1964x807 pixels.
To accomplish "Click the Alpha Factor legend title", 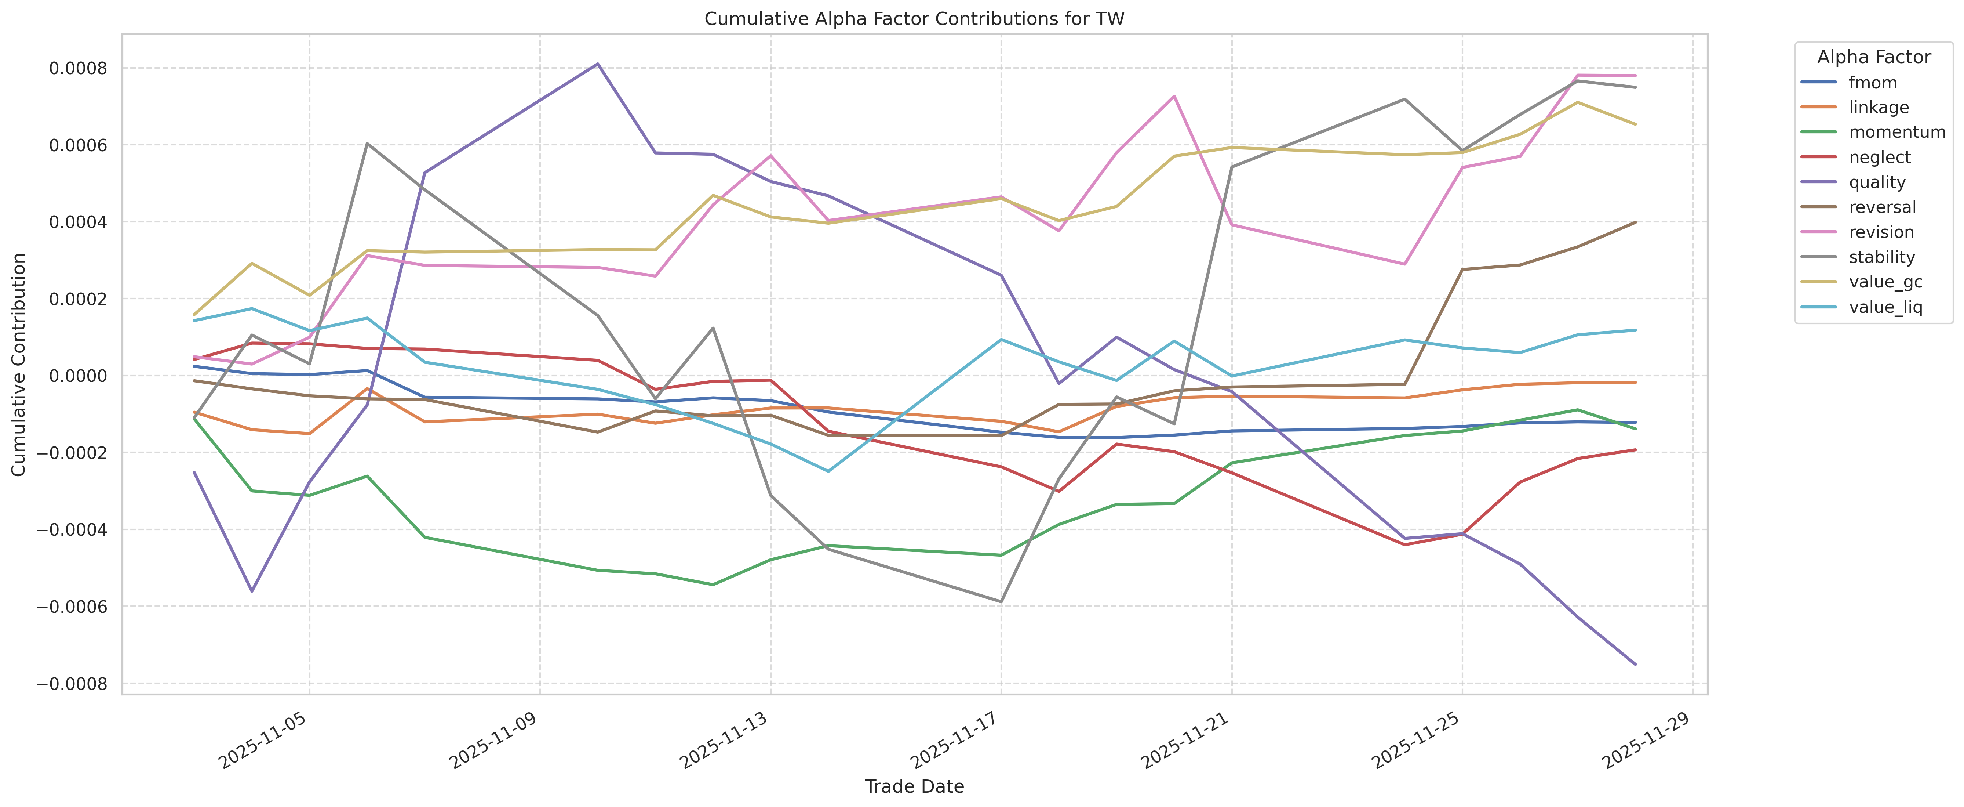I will [x=1873, y=57].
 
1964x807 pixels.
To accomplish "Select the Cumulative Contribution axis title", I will [x=19, y=365].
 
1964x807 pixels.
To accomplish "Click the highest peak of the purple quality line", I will [x=598, y=64].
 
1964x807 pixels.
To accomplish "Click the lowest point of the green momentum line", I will [x=713, y=584].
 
